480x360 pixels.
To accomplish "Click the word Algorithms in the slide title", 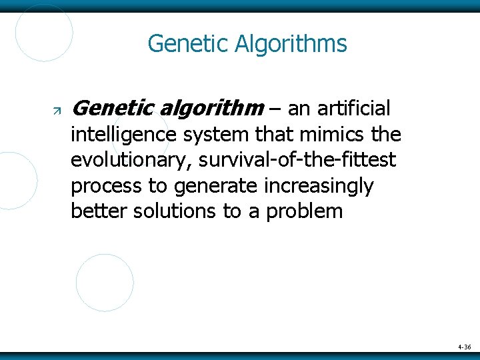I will (x=291, y=44).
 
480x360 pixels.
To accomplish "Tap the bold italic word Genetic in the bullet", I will (x=111, y=107).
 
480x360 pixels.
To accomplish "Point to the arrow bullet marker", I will (x=57, y=109).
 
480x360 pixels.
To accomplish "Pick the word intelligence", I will (x=123, y=135).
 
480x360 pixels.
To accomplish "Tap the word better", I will (x=99, y=212).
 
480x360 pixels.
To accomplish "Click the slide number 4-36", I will (x=465, y=347).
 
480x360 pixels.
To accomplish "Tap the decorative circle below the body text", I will (x=105, y=283).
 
